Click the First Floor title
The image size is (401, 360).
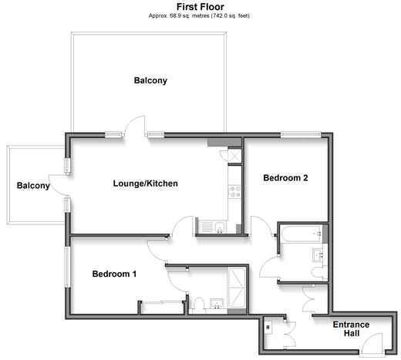pyautogui.click(x=200, y=7)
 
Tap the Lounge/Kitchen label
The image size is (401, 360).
pyautogui.click(x=146, y=183)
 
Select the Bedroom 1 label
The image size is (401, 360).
pyautogui.click(x=114, y=274)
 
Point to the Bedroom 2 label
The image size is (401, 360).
pyautogui.click(x=285, y=178)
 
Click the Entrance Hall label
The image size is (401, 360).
pyautogui.click(x=351, y=329)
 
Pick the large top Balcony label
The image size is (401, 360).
pyautogui.click(x=150, y=81)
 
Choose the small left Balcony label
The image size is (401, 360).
pyautogui.click(x=33, y=186)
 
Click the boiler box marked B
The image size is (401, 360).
pyautogui.click(x=268, y=328)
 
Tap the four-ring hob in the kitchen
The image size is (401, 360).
pyautogui.click(x=235, y=192)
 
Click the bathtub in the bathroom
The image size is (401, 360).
pyautogui.click(x=302, y=234)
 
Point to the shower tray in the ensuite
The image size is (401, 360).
pyautogui.click(x=237, y=288)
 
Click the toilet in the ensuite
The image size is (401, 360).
pyautogui.click(x=199, y=305)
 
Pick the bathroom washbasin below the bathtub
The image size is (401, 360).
pyautogui.click(x=318, y=255)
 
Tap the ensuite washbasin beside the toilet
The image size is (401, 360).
pyautogui.click(x=217, y=304)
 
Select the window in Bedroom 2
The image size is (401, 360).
pyautogui.click(x=301, y=135)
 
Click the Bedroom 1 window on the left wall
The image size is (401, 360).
pyautogui.click(x=67, y=267)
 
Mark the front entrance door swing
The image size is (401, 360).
pyautogui.click(x=371, y=344)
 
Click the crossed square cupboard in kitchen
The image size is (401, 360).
pyautogui.click(x=235, y=156)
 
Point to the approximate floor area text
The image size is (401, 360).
pyautogui.click(x=199, y=16)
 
